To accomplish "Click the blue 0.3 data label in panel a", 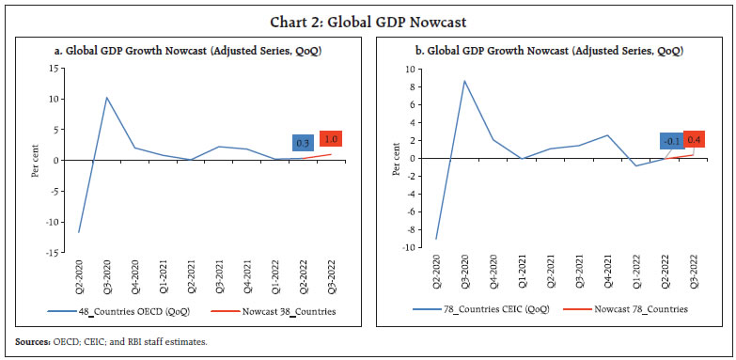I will [x=304, y=142].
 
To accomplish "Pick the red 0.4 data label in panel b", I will [x=694, y=139].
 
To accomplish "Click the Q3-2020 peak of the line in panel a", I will [x=106, y=98].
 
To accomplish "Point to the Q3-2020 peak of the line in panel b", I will [x=464, y=81].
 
